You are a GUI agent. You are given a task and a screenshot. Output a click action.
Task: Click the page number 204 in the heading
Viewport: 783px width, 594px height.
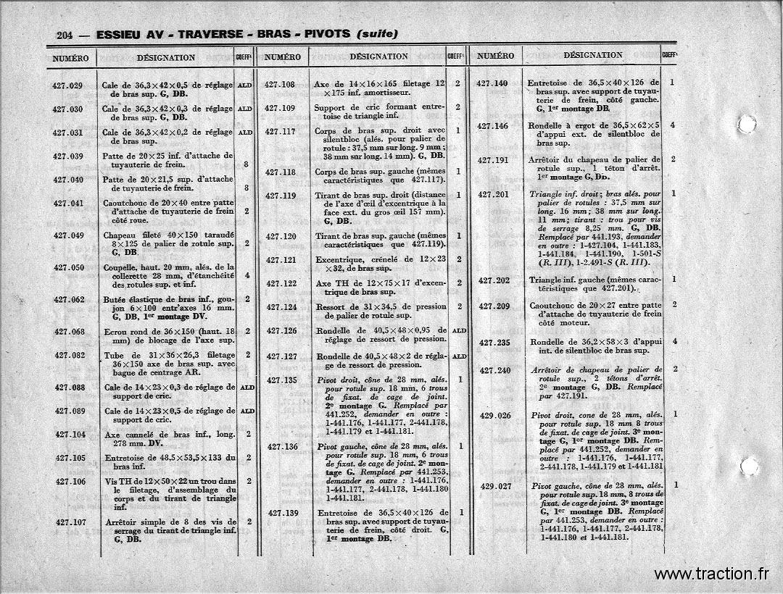[65, 35]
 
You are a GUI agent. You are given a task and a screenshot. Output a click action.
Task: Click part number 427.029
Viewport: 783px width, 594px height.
[67, 85]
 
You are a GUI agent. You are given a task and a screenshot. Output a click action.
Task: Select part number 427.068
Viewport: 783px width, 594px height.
[70, 332]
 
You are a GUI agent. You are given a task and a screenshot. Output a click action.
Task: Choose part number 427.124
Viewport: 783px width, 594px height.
[281, 307]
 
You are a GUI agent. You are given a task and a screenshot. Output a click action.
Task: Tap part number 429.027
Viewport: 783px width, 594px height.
[496, 486]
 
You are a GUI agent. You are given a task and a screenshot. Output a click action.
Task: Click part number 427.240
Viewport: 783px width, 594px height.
[495, 370]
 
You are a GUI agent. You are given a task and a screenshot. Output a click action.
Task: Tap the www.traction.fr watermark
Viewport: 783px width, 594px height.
[711, 574]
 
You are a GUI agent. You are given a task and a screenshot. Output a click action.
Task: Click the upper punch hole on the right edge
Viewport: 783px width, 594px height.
[746, 123]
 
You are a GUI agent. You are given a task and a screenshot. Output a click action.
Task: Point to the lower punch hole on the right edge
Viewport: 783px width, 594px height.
[750, 466]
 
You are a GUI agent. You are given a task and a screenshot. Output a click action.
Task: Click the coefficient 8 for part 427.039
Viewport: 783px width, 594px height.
[247, 164]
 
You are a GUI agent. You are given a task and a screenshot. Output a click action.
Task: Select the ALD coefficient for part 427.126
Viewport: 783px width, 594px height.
[459, 330]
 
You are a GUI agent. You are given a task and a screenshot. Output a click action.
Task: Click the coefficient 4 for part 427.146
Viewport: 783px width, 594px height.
[674, 125]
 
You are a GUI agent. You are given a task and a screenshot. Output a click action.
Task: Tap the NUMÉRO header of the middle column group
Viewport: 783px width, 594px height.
[283, 57]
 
